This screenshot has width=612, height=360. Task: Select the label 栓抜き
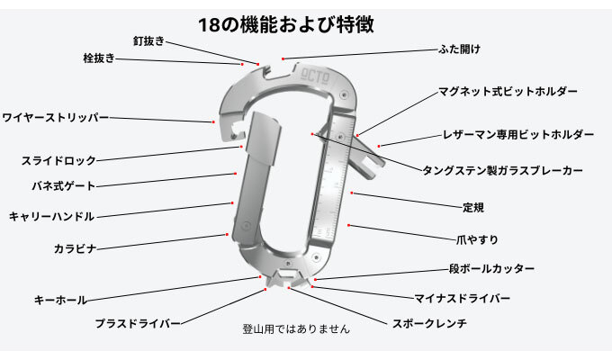98,58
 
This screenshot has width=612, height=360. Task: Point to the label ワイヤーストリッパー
55,118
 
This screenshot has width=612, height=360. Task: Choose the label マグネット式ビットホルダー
508,92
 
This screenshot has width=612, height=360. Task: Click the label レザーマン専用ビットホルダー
517,135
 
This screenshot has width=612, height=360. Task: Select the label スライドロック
58,161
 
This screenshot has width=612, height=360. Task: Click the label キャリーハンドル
51,217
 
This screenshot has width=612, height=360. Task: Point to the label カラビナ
75,247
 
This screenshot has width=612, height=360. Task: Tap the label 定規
472,206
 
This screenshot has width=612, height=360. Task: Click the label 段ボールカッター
491,269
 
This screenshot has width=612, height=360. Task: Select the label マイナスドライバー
462,297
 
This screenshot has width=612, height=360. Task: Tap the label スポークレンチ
429,322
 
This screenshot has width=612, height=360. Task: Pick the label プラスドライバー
138,321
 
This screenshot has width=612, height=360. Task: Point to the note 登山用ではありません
296,329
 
